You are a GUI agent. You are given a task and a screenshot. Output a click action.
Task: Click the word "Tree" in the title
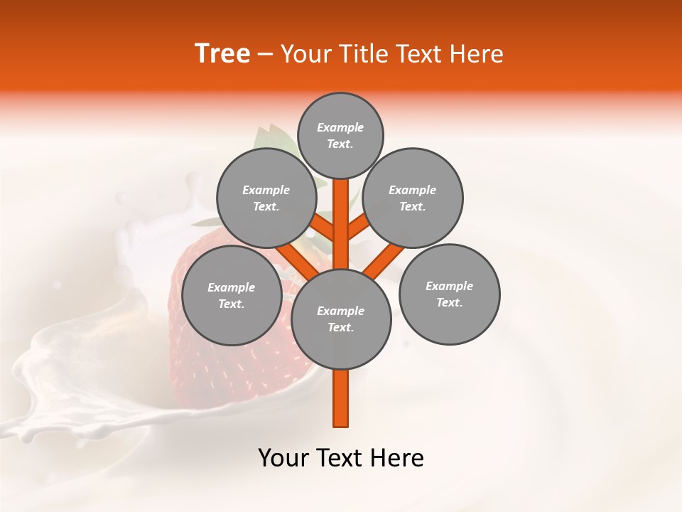[222, 54]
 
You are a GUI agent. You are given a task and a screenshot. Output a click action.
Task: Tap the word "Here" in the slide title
[475, 54]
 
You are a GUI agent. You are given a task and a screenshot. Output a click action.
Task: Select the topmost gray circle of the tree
[340, 135]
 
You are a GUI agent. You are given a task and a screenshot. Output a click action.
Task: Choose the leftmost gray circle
[232, 295]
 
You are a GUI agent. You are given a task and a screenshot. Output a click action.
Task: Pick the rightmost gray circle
[449, 294]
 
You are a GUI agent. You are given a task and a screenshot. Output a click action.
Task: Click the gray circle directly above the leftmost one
[266, 198]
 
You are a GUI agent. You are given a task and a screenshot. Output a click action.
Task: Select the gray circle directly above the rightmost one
[413, 198]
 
